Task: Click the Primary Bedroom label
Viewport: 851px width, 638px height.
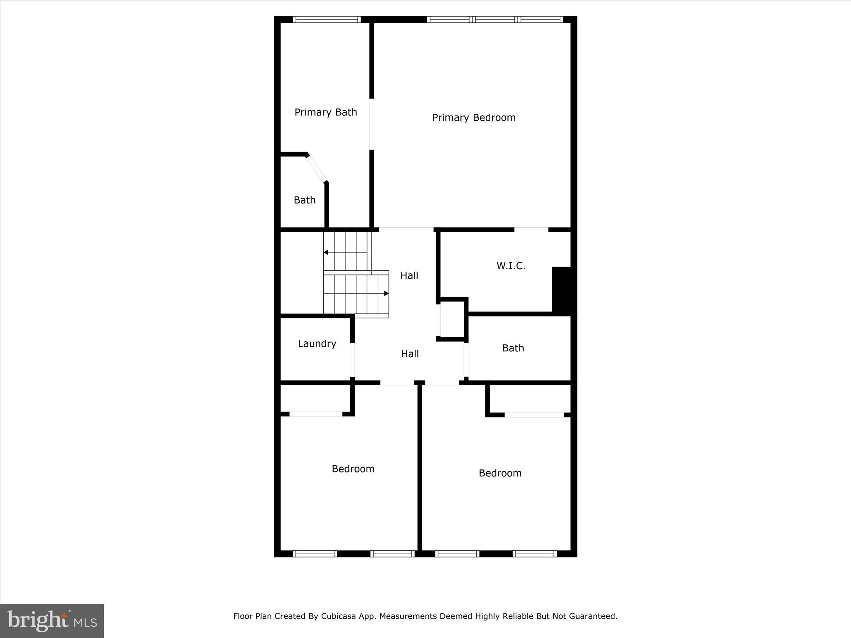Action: [x=474, y=118]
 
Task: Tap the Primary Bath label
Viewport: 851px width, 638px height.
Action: [x=326, y=112]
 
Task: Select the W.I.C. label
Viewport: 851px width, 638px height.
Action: [x=511, y=266]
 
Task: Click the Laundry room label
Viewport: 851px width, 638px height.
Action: [x=317, y=344]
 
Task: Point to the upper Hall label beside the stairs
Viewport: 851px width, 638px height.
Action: [x=409, y=275]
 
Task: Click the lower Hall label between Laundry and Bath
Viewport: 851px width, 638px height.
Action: [x=410, y=354]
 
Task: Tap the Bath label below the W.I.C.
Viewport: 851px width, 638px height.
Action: [x=513, y=348]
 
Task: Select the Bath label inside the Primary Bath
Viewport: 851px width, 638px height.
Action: [x=305, y=200]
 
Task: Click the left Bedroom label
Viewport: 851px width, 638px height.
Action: [x=353, y=469]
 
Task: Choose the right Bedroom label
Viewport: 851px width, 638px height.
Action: [x=500, y=473]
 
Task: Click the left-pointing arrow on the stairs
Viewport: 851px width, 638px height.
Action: [x=326, y=252]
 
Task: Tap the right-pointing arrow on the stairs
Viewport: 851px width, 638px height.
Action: [x=386, y=293]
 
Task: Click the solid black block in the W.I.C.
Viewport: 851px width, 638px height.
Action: [x=561, y=290]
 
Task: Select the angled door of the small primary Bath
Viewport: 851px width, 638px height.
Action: [x=317, y=169]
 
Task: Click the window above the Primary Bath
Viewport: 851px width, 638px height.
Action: [x=327, y=20]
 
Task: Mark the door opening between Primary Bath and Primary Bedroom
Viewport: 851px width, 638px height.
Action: [x=371, y=124]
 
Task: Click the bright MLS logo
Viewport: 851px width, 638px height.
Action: [x=52, y=621]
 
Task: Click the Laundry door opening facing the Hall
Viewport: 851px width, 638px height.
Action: [x=352, y=360]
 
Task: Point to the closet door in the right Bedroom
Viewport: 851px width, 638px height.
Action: [x=534, y=415]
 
